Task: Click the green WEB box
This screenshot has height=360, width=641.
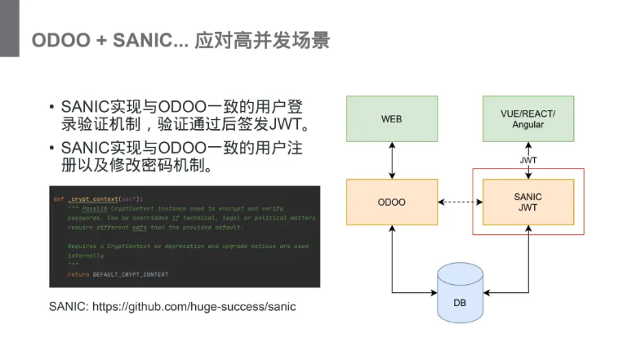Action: (x=392, y=119)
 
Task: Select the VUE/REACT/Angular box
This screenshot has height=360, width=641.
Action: (x=527, y=119)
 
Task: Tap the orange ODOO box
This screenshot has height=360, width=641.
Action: (x=392, y=202)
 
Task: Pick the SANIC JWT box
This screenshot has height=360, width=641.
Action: (x=527, y=202)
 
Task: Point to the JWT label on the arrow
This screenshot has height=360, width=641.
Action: (x=528, y=160)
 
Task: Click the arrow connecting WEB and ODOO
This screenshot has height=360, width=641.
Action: (x=393, y=161)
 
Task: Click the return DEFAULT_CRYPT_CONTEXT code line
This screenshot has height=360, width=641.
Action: (x=118, y=274)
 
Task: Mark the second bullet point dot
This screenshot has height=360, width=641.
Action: (x=51, y=149)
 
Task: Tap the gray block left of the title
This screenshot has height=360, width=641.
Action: (x=9, y=29)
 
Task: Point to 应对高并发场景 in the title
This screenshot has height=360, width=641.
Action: (x=262, y=41)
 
